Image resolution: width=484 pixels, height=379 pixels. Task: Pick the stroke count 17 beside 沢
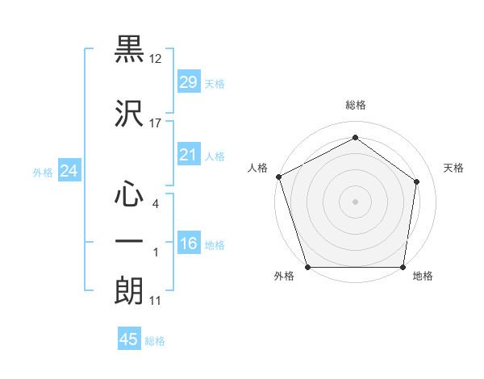[156, 123]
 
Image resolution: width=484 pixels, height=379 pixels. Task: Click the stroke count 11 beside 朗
[156, 300]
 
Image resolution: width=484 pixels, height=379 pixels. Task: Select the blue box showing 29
[188, 82]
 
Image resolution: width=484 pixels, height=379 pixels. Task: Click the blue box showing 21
[188, 155]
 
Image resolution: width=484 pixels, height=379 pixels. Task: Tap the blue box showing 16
[188, 244]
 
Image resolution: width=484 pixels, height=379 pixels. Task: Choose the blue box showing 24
[69, 171]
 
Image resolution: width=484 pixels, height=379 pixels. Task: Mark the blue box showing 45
[129, 339]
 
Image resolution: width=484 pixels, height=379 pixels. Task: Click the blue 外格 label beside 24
[43, 172]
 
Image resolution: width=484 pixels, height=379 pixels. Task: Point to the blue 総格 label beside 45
[155, 341]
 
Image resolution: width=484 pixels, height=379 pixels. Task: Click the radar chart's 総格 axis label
[356, 105]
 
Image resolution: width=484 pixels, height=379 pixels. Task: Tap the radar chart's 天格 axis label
[453, 168]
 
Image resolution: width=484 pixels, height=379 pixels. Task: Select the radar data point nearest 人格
[278, 177]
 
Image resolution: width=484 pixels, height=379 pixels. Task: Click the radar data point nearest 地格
[403, 267]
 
